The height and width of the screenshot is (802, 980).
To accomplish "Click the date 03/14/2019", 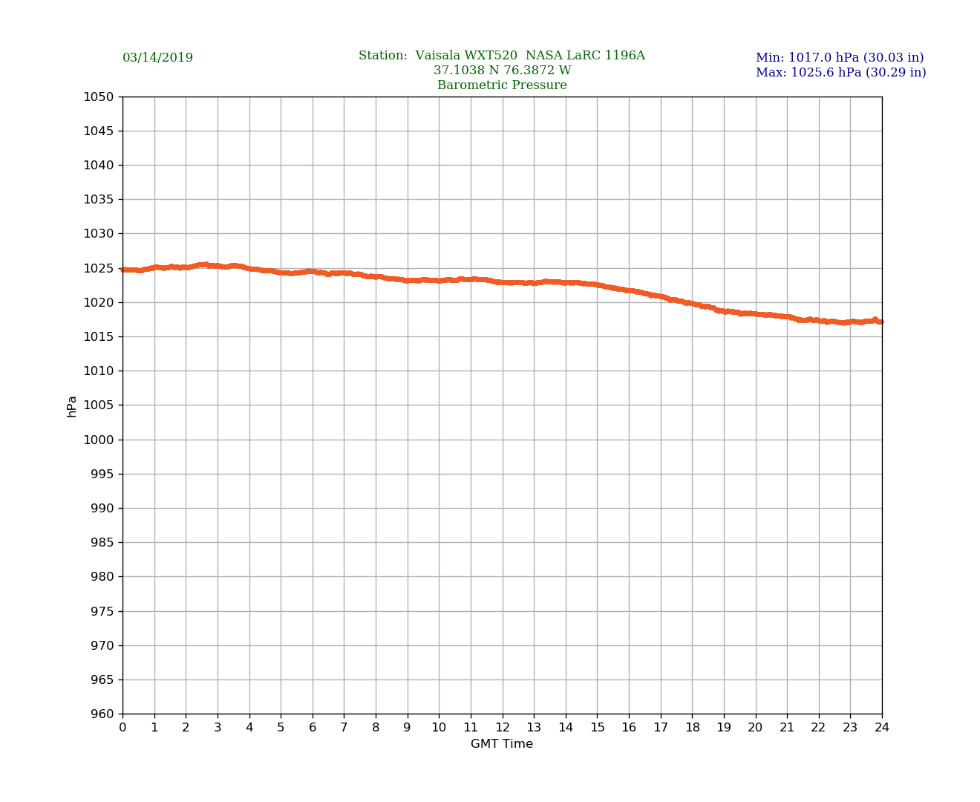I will pyautogui.click(x=157, y=58).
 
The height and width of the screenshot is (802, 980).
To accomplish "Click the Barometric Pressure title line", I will pyautogui.click(x=502, y=85).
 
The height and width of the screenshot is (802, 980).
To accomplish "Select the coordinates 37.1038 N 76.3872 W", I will pyautogui.click(x=502, y=71).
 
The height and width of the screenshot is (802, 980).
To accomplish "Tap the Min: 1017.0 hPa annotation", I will pyautogui.click(x=839, y=58).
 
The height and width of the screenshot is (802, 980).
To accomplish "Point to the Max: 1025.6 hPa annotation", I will pyautogui.click(x=840, y=73).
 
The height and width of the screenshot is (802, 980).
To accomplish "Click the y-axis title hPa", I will pyautogui.click(x=72, y=406).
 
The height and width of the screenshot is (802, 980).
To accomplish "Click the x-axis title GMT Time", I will pyautogui.click(x=502, y=744).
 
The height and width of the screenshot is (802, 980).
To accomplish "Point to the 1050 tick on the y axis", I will pyautogui.click(x=99, y=97).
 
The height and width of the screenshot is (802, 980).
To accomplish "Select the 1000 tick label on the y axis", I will pyautogui.click(x=99, y=440).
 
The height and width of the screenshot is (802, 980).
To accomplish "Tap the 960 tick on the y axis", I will pyautogui.click(x=102, y=714).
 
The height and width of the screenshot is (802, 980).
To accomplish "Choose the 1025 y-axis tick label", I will pyautogui.click(x=99, y=268).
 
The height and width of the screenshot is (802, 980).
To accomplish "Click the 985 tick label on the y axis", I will pyautogui.click(x=102, y=543).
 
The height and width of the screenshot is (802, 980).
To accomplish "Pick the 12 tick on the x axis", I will pyautogui.click(x=503, y=728).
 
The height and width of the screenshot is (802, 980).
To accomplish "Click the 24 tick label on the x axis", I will pyautogui.click(x=882, y=728).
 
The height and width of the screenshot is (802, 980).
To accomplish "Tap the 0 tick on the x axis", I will pyautogui.click(x=122, y=728).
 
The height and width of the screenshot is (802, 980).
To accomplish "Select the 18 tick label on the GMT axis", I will pyautogui.click(x=692, y=728).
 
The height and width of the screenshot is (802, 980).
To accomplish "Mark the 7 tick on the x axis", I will pyautogui.click(x=344, y=728).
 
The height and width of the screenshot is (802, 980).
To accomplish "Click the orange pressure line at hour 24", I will pyautogui.click(x=881, y=322).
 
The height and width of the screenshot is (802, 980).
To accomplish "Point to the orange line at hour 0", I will pyautogui.click(x=124, y=270).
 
